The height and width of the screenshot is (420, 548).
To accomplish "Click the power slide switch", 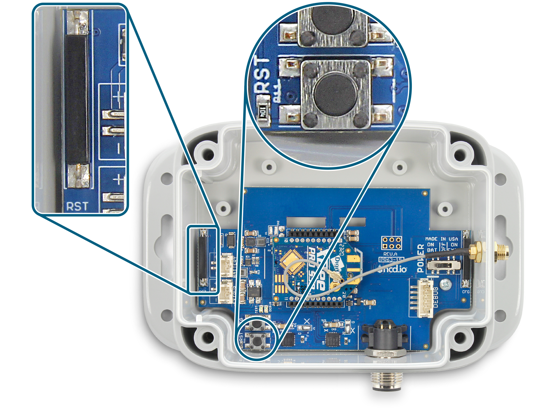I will (444, 265).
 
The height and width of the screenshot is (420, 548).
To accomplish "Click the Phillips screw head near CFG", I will (445, 285).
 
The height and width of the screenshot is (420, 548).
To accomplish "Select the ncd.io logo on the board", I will (393, 269).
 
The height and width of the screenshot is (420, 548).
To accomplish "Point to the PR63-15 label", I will (391, 260).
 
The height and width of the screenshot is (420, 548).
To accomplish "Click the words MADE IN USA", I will (441, 239).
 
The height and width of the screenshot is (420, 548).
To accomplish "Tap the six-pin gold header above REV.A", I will (391, 243).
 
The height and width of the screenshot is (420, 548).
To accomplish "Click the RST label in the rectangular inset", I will (77, 206).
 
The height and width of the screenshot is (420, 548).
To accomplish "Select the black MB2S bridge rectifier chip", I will (254, 292).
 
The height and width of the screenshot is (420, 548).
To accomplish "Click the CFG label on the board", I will (466, 292).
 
